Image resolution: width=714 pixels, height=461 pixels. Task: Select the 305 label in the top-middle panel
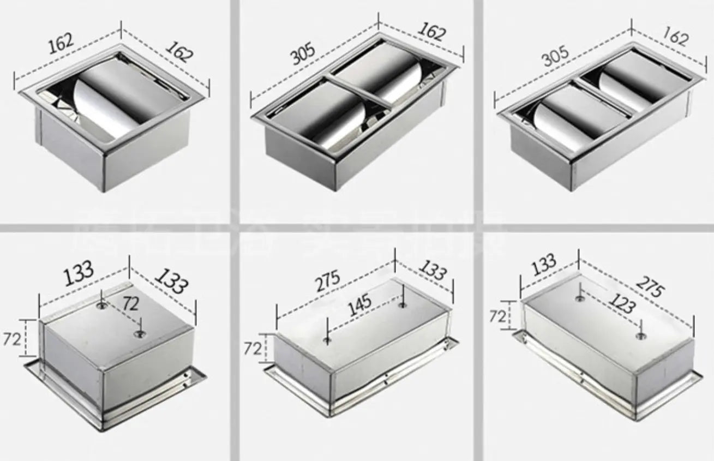(x=303, y=54)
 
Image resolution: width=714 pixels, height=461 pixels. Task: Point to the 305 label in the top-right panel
(x=556, y=56)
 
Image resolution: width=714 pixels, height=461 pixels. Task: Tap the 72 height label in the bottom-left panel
(x=13, y=339)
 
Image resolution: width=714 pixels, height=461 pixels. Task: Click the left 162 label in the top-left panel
(x=61, y=42)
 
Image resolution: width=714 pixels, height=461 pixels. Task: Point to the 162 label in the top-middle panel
(x=432, y=32)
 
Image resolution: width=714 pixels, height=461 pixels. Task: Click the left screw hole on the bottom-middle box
(x=326, y=341)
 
